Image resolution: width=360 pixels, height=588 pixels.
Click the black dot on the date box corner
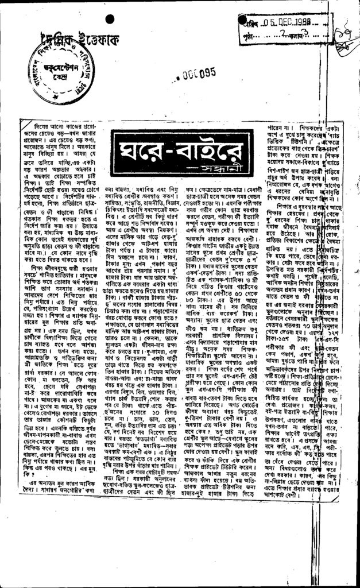coord(242,19)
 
